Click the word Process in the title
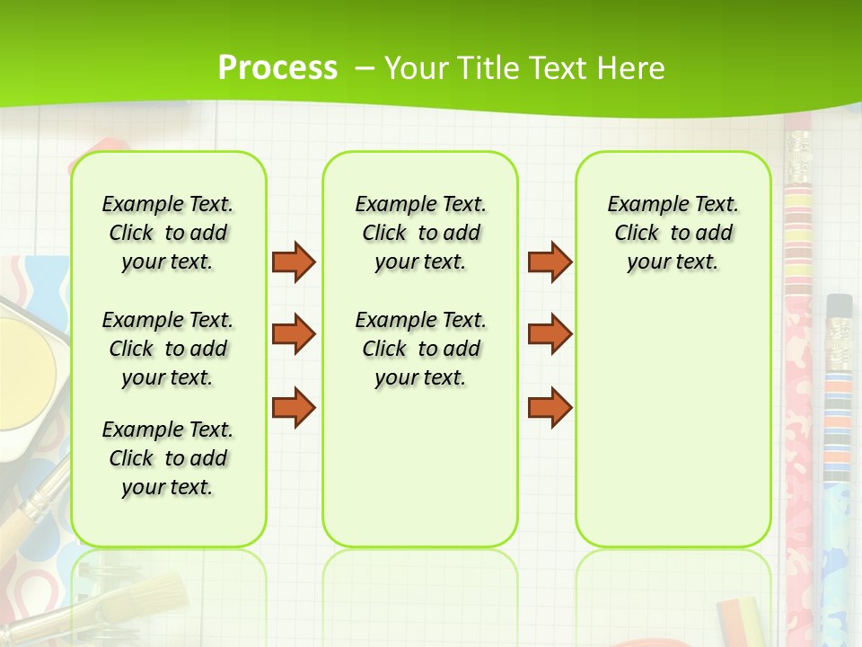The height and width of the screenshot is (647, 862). tap(277, 67)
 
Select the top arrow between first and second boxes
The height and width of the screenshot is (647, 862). tap(294, 261)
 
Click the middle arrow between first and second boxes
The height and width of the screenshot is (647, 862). tap(294, 334)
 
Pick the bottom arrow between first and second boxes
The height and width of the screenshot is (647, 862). tap(294, 407)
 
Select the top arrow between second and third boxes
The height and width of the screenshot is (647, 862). tap(550, 261)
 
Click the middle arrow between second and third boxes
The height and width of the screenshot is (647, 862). tap(550, 334)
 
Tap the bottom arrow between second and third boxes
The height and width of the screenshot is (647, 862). tap(550, 407)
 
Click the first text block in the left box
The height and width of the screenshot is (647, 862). tap(168, 233)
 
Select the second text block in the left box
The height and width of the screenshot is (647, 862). tap(168, 349)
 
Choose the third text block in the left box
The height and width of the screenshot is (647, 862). tap(168, 458)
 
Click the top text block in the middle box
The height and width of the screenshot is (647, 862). tap(420, 233)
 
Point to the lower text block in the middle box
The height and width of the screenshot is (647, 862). tap(420, 349)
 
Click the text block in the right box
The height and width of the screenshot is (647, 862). tap(673, 233)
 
